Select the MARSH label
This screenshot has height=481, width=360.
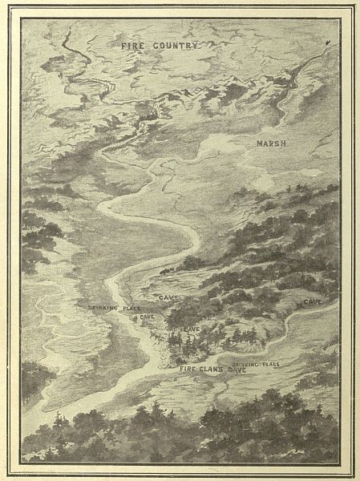272,143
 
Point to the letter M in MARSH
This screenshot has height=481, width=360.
259,143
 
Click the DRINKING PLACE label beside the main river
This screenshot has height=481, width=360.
111,308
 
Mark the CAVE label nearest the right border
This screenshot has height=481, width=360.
313,301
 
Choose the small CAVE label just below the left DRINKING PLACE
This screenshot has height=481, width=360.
147,317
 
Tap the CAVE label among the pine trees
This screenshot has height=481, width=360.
192,329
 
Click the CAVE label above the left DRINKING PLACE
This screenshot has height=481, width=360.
168,297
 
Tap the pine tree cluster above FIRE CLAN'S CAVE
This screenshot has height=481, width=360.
188,345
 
